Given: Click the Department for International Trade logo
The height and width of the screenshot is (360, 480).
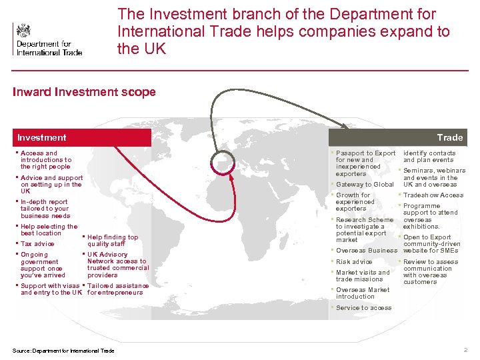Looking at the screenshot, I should (x=47, y=39).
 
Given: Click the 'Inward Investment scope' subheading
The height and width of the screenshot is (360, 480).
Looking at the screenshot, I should (x=84, y=92).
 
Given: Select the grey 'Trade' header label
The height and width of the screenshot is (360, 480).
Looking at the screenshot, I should (x=449, y=137).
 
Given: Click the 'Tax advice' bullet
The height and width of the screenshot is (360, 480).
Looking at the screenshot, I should (x=37, y=244).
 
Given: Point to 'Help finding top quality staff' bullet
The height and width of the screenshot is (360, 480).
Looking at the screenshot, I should (x=113, y=241).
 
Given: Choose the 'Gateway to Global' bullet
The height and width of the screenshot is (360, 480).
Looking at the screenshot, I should (x=365, y=185).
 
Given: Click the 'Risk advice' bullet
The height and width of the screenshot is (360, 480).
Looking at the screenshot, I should (x=354, y=262).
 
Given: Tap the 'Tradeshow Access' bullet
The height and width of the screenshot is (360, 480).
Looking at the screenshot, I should (x=433, y=195).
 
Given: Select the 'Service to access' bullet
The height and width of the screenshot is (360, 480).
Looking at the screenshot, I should (x=363, y=308).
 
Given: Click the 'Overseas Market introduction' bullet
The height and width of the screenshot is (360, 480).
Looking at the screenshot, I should (x=363, y=293).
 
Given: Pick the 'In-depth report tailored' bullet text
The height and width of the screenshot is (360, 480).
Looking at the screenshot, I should (x=45, y=209).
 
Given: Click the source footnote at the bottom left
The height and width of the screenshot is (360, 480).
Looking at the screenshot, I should (x=63, y=351).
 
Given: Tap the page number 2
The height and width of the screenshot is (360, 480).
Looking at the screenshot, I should (x=465, y=350).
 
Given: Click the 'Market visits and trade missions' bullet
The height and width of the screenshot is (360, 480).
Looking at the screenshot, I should (x=363, y=276).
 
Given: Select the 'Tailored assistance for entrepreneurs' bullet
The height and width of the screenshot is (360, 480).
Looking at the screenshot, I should (x=119, y=289).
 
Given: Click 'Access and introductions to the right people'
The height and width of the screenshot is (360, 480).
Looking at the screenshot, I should (x=45, y=160).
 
